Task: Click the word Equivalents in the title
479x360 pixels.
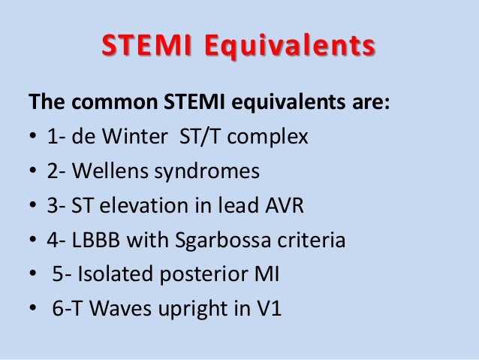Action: (289, 47)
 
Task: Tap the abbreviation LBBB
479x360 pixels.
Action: (98, 241)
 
